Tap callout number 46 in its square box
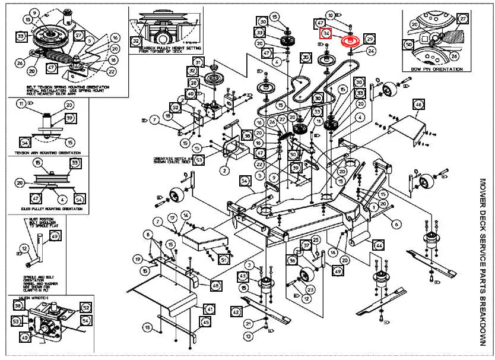pyautogui.click(x=418, y=105)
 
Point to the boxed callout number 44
pyautogui.click(x=379, y=244)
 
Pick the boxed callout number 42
pyautogui.click(x=236, y=311)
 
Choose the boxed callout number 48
pyautogui.click(x=215, y=285)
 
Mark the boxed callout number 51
pyautogui.click(x=223, y=259)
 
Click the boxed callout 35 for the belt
pyautogui.click(x=305, y=58)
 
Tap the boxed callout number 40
pyautogui.click(x=191, y=94)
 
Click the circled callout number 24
pyautogui.click(x=371, y=51)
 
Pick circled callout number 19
pyautogui.click(x=137, y=259)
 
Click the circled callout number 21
pyautogui.click(x=250, y=323)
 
